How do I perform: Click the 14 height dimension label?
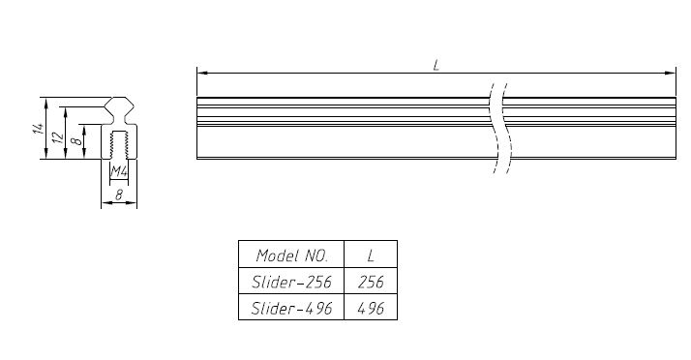pyautogui.click(x=39, y=129)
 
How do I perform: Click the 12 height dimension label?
pyautogui.click(x=58, y=138)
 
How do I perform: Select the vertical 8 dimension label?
pyautogui.click(x=76, y=141)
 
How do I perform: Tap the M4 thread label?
pyautogui.click(x=119, y=171)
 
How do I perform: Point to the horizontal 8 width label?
pyautogui.click(x=119, y=195)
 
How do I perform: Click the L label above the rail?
pyautogui.click(x=436, y=66)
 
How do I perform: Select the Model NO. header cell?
pyautogui.click(x=291, y=255)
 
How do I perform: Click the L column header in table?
pyautogui.click(x=371, y=255)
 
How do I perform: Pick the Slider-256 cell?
pyautogui.click(x=291, y=281)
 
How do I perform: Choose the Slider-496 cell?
pyautogui.click(x=291, y=307)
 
